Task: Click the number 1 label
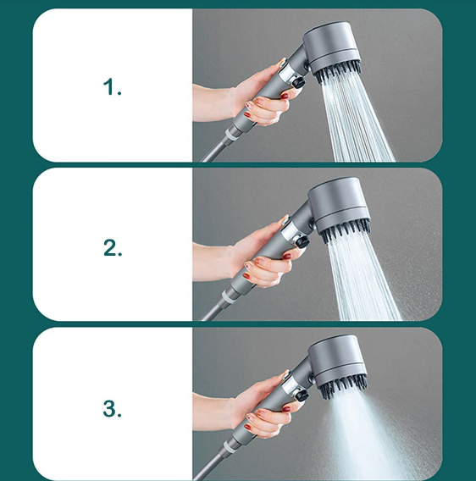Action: [113, 87]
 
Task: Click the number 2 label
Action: [113, 248]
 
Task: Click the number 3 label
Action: [113, 408]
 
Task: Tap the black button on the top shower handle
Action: [298, 82]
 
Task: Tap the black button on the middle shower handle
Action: [303, 241]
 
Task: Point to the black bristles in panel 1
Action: [338, 72]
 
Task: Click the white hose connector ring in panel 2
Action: [228, 296]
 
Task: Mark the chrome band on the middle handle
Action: [290, 230]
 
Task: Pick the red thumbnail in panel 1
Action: [285, 96]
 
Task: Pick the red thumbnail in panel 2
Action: [287, 256]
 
